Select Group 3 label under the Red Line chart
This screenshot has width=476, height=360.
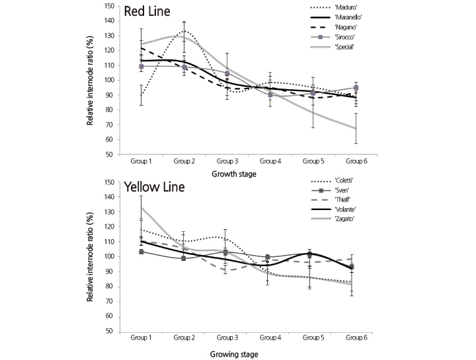[227, 161]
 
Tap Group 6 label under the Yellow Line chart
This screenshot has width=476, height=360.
[356, 338]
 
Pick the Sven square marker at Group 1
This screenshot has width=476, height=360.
[142, 252]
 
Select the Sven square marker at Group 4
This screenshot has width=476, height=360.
[268, 257]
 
